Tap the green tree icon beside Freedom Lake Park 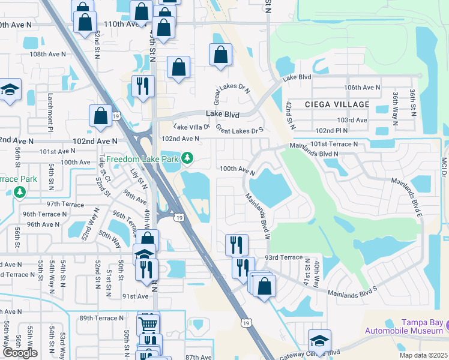[x=188, y=158]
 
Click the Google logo [x=19, y=353]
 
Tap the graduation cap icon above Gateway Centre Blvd [x=319, y=340]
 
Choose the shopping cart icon [x=148, y=325]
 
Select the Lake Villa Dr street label [x=191, y=127]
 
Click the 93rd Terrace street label [x=284, y=257]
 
